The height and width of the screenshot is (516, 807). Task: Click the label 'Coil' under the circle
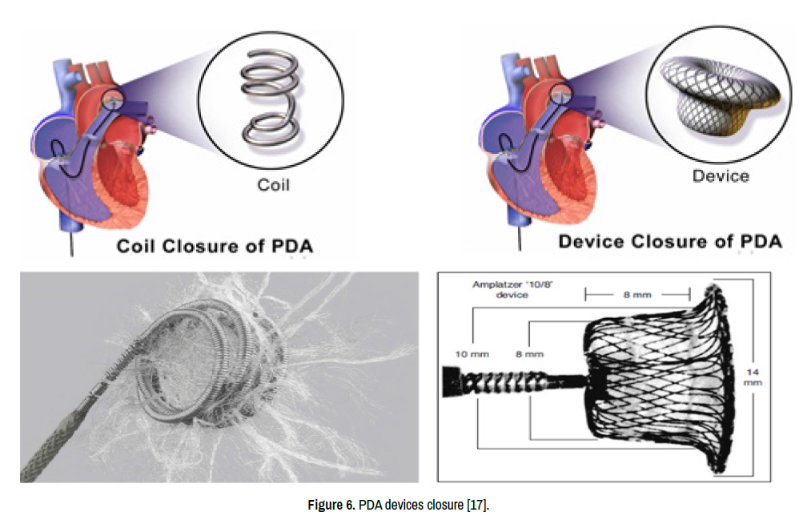[273, 185]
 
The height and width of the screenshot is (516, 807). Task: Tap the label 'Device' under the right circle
[721, 176]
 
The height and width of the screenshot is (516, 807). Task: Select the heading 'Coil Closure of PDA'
[215, 246]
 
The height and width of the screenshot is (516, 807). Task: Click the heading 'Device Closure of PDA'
[669, 241]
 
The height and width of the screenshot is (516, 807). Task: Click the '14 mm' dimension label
[753, 377]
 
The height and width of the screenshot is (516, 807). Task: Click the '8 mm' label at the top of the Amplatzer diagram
[638, 294]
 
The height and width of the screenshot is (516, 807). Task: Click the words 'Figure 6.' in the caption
[331, 505]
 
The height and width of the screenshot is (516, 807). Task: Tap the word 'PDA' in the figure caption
[367, 505]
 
